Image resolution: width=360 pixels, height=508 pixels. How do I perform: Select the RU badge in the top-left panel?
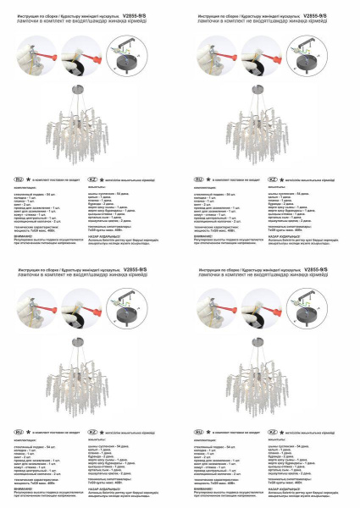[19, 180]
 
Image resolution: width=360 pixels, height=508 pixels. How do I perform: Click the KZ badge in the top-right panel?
[273, 180]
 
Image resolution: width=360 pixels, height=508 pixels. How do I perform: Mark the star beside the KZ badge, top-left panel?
[106, 180]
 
